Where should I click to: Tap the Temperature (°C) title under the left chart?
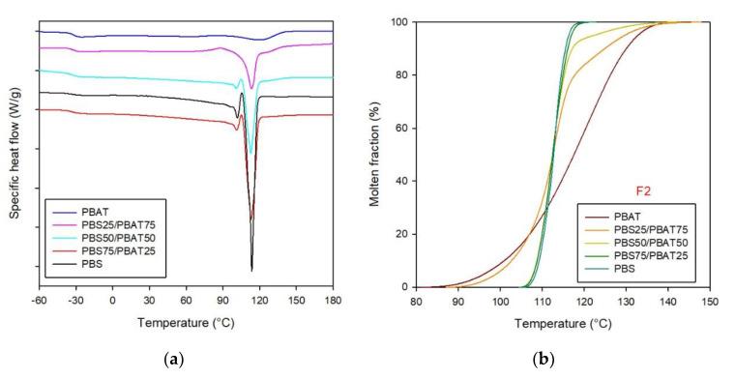[185, 320]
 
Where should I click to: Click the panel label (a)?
[174, 362]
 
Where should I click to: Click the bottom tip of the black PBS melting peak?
[251, 271]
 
